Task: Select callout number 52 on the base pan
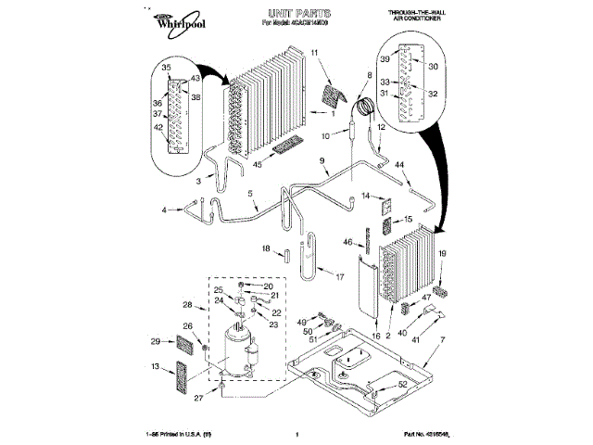point(402,384)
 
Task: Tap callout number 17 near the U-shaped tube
point(339,276)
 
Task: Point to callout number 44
point(401,165)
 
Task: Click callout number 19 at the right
point(442,253)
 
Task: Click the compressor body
point(236,352)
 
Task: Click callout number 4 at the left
point(165,211)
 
